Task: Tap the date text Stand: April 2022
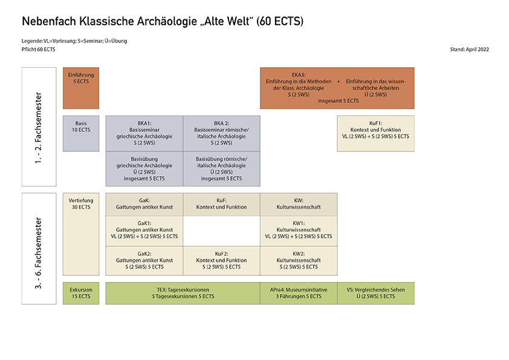pos(470,49)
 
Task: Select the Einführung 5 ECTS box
pos(81,88)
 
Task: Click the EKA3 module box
pos(337,88)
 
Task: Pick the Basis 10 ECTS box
pos(81,133)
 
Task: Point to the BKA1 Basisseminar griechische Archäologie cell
pos(144,133)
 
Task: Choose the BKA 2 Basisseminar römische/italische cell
pos(221,133)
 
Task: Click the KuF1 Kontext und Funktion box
pos(375,133)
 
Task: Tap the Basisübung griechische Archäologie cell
pos(144,169)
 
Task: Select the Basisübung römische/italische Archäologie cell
pos(221,169)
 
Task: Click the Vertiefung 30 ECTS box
pos(81,234)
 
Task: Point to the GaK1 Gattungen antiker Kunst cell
pos(144,231)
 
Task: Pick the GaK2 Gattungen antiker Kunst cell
pos(144,261)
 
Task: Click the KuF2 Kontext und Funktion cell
pos(221,261)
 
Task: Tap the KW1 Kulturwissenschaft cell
pos(299,231)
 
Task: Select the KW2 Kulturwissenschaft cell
pos(299,261)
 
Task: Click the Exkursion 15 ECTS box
pos(81,293)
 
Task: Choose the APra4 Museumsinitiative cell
pos(299,293)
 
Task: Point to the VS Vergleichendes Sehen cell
pos(375,293)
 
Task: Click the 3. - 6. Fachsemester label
pos(39,248)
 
